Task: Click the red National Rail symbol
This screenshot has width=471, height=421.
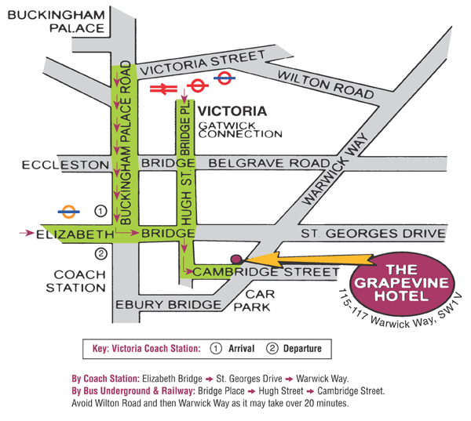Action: tap(168, 89)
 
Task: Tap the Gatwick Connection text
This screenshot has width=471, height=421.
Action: tap(240, 129)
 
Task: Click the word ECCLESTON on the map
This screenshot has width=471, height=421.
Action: tap(54, 165)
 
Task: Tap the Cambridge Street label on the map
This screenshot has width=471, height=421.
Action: tap(265, 271)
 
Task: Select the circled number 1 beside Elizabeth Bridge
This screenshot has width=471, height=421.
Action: tap(100, 211)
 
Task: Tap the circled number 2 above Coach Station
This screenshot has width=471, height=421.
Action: tap(100, 253)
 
